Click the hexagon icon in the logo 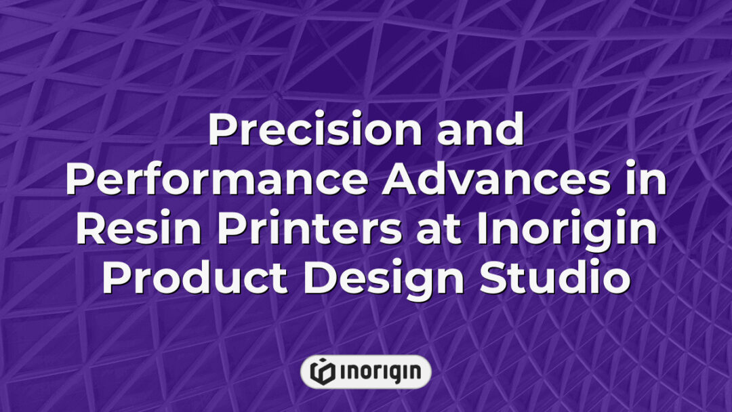pos(322,371)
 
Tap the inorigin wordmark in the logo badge pos(380,371)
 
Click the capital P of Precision pos(220,131)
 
